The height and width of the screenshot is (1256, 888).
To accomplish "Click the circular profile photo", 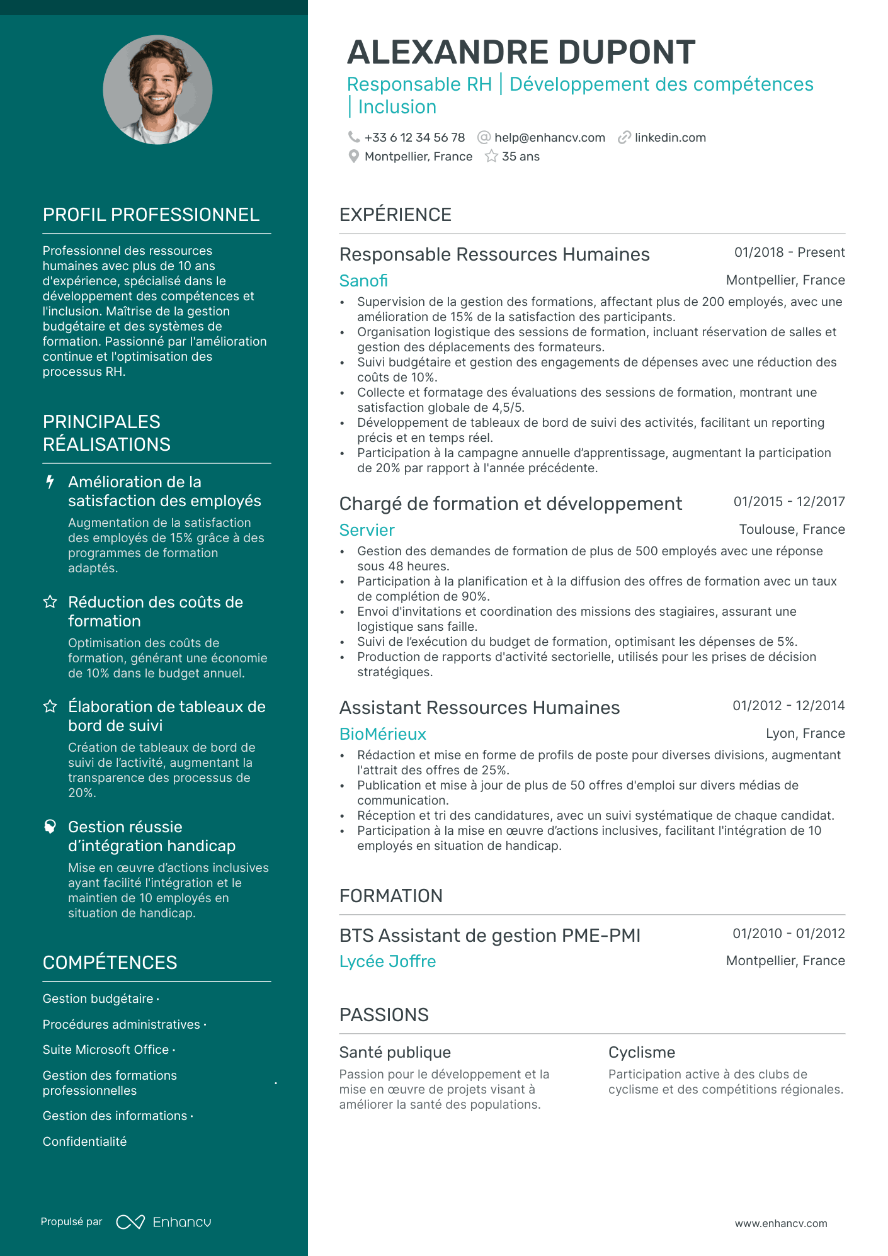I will coord(157,90).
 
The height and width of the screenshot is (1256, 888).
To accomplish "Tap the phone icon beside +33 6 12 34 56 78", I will coord(354,137).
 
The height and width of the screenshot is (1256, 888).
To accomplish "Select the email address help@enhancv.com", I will coord(549,137).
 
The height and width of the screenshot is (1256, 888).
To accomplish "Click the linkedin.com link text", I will coord(670,137).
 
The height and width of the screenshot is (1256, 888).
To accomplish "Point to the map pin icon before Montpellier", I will coord(354,156).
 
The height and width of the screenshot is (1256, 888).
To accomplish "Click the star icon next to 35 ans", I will coord(491,156).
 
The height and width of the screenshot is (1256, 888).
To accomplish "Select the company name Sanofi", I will coord(363,281).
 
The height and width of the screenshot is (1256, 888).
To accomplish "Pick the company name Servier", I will coord(367,530).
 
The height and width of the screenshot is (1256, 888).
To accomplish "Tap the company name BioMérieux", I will coord(382,734).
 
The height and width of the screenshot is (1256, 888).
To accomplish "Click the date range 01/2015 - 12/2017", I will coord(788,502).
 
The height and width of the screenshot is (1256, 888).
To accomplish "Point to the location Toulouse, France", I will coord(792,529).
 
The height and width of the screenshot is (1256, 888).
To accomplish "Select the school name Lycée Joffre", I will coord(387,961).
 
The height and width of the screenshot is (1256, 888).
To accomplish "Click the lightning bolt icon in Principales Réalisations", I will coord(50,482).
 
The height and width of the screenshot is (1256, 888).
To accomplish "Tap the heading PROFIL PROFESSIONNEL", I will coord(151,215).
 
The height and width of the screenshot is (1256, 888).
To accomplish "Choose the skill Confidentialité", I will coord(84,1141).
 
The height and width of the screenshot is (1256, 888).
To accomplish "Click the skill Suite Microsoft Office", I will coord(106,1049).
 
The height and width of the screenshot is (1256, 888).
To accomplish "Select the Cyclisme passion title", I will coord(641,1052).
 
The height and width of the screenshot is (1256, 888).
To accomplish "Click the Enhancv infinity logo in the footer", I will coord(130,1222).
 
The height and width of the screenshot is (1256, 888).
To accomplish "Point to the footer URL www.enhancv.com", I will coord(781,1223).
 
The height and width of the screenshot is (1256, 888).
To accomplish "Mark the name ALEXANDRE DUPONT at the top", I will coord(521,52).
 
